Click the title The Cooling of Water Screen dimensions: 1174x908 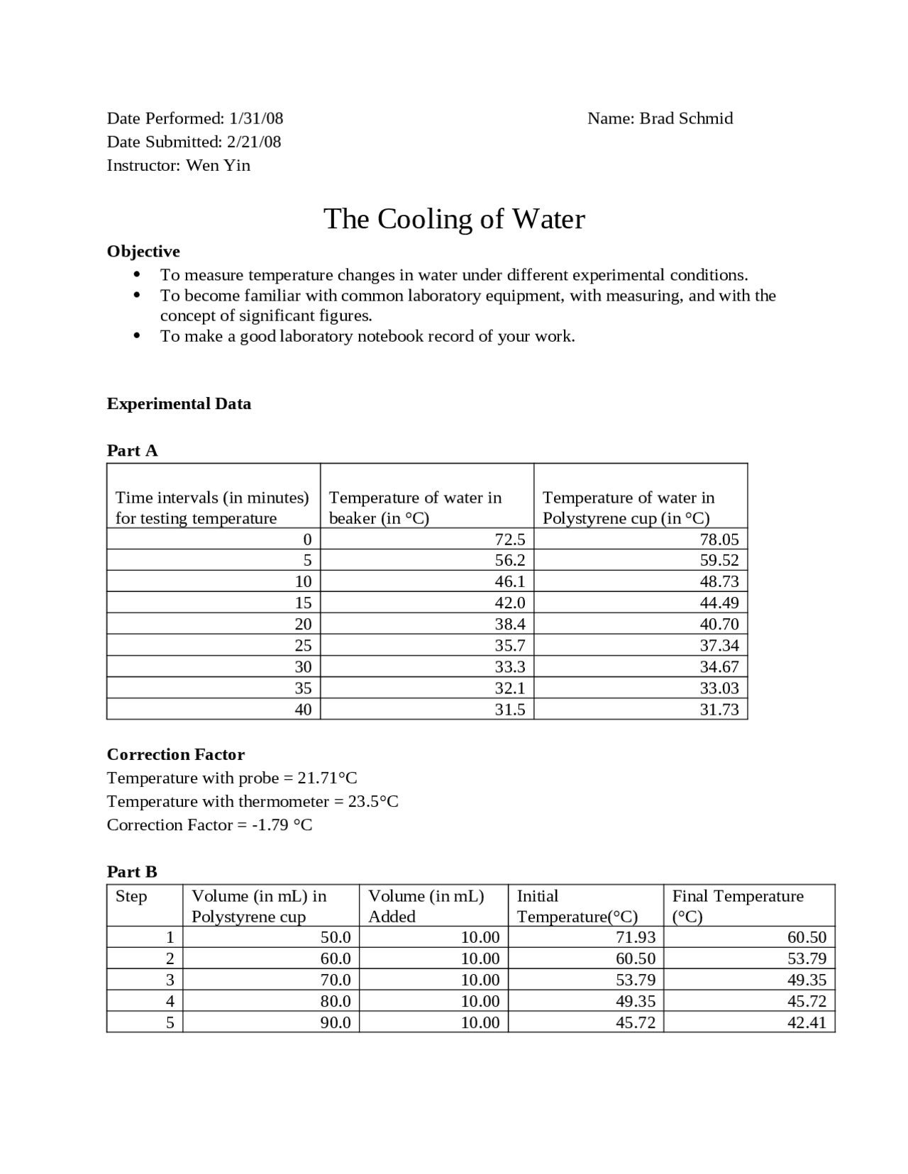454,219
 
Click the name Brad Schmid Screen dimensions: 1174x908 686,118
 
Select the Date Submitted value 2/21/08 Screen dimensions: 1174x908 254,142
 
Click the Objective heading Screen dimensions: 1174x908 143,252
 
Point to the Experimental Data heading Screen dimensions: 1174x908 179,404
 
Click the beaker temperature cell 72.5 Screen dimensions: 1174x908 509,539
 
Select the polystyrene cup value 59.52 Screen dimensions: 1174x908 719,560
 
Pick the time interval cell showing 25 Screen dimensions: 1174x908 303,645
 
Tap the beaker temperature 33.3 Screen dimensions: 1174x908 509,666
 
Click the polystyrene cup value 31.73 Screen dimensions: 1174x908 719,709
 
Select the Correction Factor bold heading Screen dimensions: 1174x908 175,754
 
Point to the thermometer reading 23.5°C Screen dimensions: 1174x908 373,801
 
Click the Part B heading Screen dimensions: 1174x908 132,871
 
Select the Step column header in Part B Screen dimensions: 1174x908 131,896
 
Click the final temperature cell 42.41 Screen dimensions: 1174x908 807,1022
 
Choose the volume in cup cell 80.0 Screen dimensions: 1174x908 336,1001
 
